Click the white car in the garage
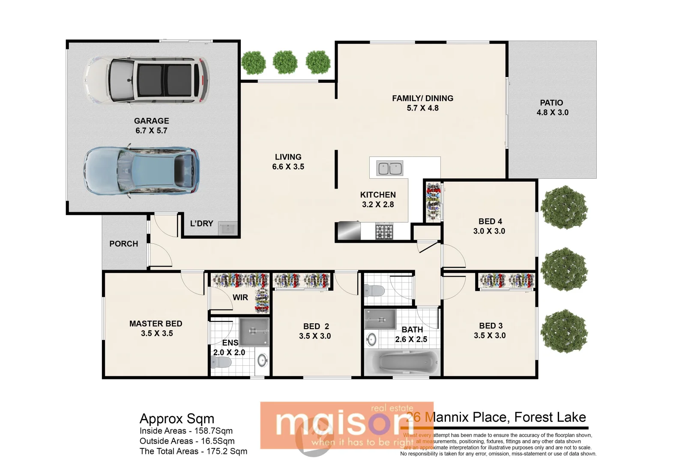(147, 81)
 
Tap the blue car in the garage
(141, 171)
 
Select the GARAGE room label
(151, 121)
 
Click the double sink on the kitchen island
(389, 168)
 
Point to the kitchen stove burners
(384, 231)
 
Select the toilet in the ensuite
(221, 363)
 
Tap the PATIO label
(551, 103)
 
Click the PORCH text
(123, 244)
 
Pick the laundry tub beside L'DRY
(227, 228)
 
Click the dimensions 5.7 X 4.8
(422, 108)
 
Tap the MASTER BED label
(156, 324)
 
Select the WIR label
(240, 297)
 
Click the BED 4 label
(490, 221)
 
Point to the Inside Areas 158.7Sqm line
(186, 431)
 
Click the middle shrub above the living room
(285, 62)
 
